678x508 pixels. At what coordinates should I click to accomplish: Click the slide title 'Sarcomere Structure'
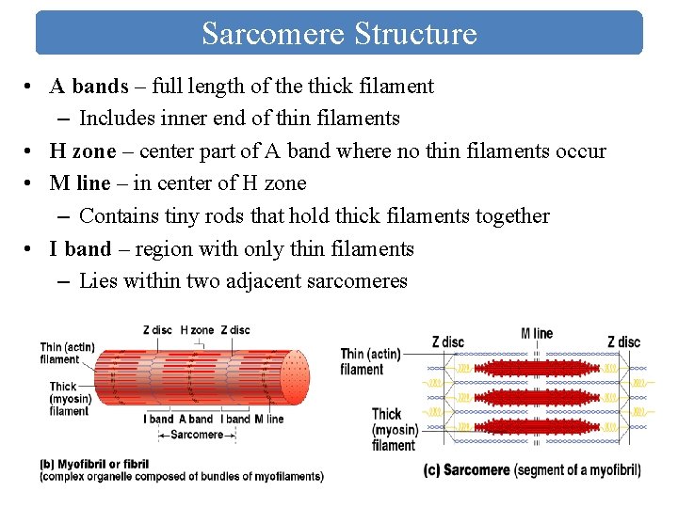coord(339,34)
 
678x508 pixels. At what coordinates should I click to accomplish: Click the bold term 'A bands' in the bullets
coord(89,87)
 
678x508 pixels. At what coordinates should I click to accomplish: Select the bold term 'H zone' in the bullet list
coord(83,151)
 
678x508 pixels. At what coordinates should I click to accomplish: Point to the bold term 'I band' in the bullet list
coord(80,248)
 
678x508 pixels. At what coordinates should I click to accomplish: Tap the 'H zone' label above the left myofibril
coord(197,330)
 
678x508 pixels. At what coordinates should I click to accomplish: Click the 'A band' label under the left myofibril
coord(196,419)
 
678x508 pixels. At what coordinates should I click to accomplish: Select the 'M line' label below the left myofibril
coord(268,419)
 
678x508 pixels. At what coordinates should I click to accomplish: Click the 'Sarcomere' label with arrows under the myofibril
coord(197,435)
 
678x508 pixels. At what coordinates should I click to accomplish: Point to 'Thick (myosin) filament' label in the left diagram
coord(69,398)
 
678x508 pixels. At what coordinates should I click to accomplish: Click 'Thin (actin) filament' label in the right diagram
coord(369,361)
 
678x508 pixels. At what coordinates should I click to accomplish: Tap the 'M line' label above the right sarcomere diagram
coord(537,333)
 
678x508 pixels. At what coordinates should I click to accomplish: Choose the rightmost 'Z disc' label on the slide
coord(623,341)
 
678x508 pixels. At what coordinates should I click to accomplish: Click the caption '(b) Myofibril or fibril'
coord(94,464)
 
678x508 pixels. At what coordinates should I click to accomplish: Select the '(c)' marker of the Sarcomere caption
coord(431,469)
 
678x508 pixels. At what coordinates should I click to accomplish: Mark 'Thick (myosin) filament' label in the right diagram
coord(393,429)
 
